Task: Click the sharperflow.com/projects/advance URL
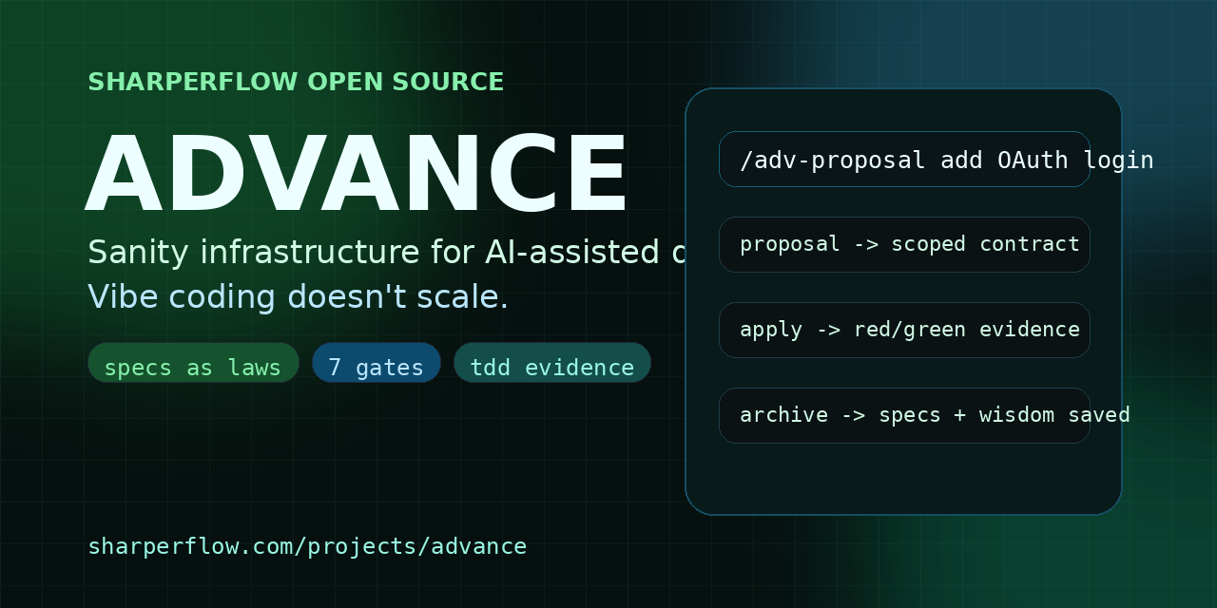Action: click(x=307, y=546)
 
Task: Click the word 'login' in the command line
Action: click(x=1118, y=160)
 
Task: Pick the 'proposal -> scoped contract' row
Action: click(x=904, y=244)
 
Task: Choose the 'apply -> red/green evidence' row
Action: click(x=904, y=330)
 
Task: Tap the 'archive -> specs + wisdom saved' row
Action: click(x=904, y=415)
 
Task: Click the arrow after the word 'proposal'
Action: click(x=865, y=244)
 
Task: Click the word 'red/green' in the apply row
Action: click(x=935, y=330)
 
